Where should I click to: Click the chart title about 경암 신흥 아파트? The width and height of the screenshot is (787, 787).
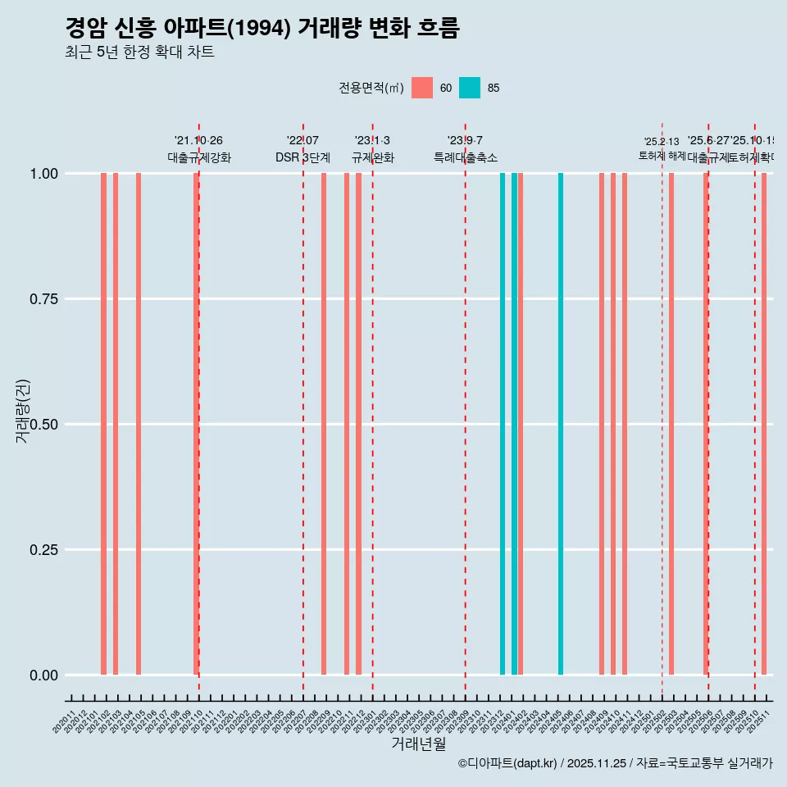click(x=262, y=28)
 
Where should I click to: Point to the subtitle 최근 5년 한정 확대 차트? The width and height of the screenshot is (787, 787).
click(x=139, y=52)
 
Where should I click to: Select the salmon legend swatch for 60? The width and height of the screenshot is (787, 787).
click(x=422, y=88)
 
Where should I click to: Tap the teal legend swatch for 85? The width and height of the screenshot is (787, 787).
click(x=470, y=88)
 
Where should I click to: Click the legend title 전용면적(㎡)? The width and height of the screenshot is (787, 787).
click(x=371, y=88)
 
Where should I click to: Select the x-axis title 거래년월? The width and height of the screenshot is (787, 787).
click(x=418, y=744)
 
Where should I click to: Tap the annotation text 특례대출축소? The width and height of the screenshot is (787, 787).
click(x=466, y=157)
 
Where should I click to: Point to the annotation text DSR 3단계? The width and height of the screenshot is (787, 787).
click(x=303, y=157)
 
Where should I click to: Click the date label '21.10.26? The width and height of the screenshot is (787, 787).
click(x=198, y=140)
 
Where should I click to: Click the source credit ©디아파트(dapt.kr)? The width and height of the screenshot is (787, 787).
click(x=507, y=763)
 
